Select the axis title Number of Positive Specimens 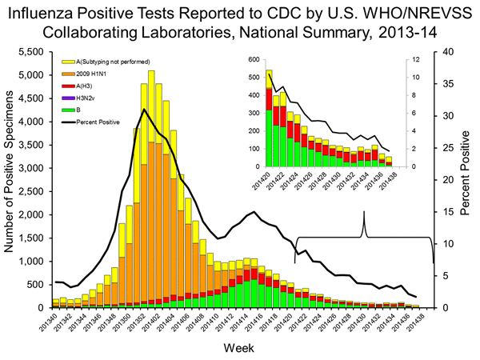(10, 179)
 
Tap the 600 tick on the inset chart (254, 61)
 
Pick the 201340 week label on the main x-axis (53, 326)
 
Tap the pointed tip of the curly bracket (365, 213)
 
